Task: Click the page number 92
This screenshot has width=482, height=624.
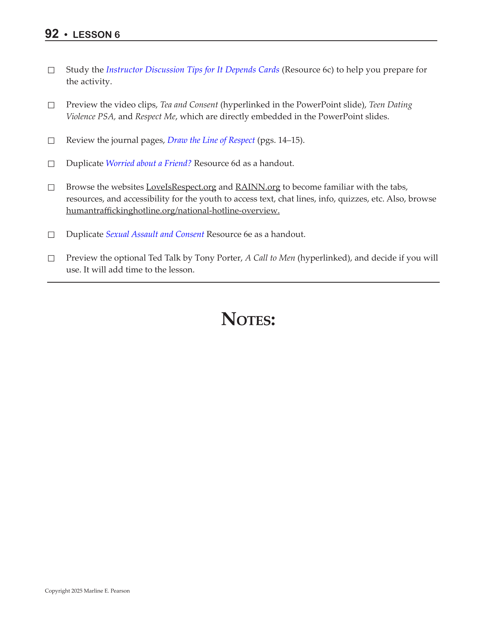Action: (x=52, y=34)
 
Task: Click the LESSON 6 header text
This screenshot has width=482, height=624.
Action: (x=96, y=35)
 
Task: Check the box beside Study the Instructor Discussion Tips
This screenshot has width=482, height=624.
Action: (x=51, y=70)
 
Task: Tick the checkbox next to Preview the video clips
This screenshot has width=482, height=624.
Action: (x=51, y=105)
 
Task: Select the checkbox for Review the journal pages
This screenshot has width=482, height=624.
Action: (x=51, y=141)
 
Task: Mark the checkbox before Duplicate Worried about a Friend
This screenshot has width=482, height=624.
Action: (x=51, y=164)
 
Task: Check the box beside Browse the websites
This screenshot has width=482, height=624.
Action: (x=51, y=188)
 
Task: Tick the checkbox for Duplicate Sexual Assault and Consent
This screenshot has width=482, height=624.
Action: (x=51, y=235)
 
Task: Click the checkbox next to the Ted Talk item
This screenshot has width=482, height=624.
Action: (x=51, y=258)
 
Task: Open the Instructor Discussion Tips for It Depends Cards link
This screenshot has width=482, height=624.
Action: (x=192, y=70)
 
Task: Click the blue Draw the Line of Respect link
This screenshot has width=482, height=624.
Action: (x=211, y=140)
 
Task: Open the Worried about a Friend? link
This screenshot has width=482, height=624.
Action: (x=148, y=163)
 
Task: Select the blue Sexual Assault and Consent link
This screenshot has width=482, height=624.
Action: (x=155, y=234)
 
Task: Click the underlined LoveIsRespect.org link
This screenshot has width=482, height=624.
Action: (x=181, y=187)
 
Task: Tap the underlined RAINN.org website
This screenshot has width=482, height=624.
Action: (x=257, y=187)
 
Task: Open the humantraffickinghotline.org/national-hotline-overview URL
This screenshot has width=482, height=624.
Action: (x=173, y=211)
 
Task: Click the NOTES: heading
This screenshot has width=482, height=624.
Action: (x=248, y=319)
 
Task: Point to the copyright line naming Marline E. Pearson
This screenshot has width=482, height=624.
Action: (x=87, y=590)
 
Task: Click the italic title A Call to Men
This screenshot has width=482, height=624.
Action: (x=270, y=258)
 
